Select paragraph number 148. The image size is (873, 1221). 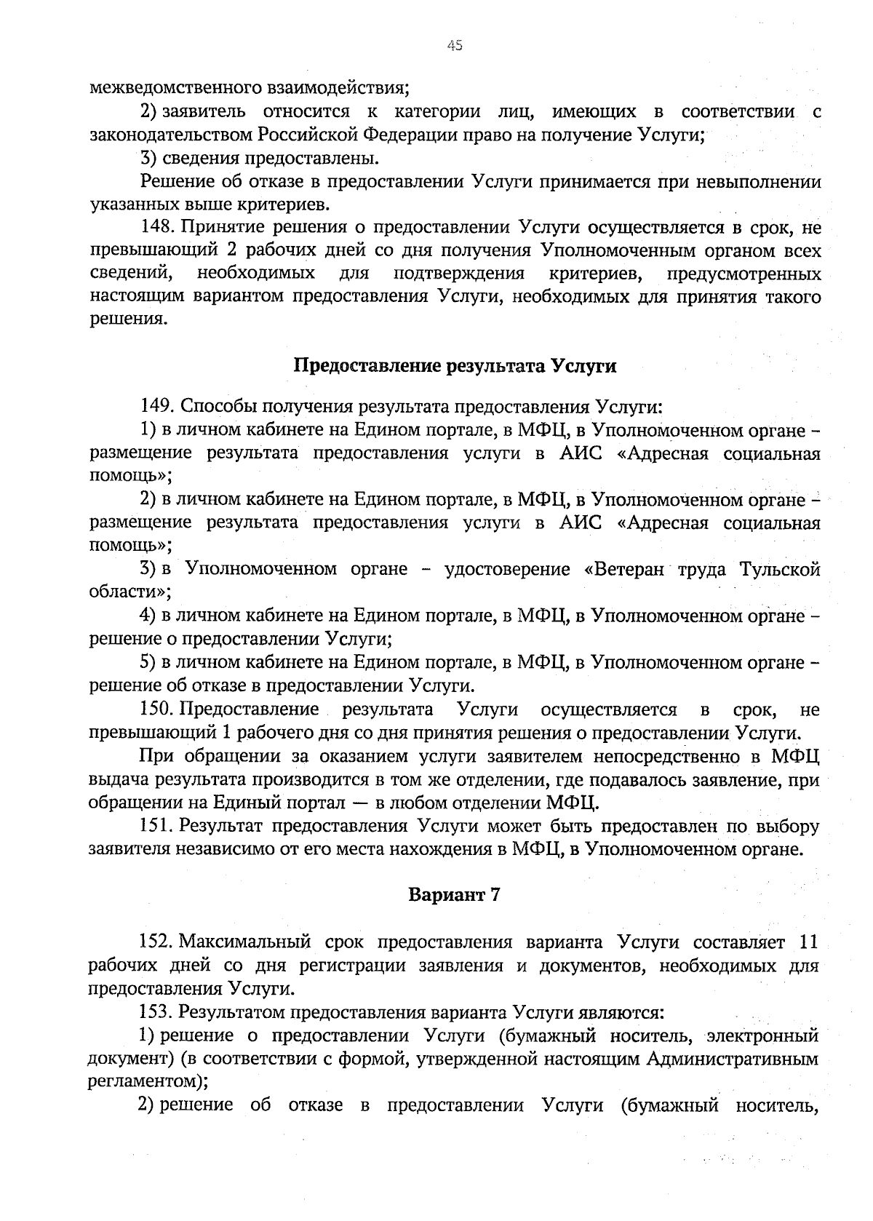(x=155, y=228)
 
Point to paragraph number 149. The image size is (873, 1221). (x=155, y=405)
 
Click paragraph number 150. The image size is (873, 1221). (x=155, y=709)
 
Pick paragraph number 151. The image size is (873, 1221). (x=155, y=827)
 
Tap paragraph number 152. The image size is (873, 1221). (x=155, y=943)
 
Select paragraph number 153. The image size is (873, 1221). (x=155, y=1012)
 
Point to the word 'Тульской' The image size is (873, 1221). (x=779, y=569)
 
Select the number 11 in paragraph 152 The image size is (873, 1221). (x=809, y=943)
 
